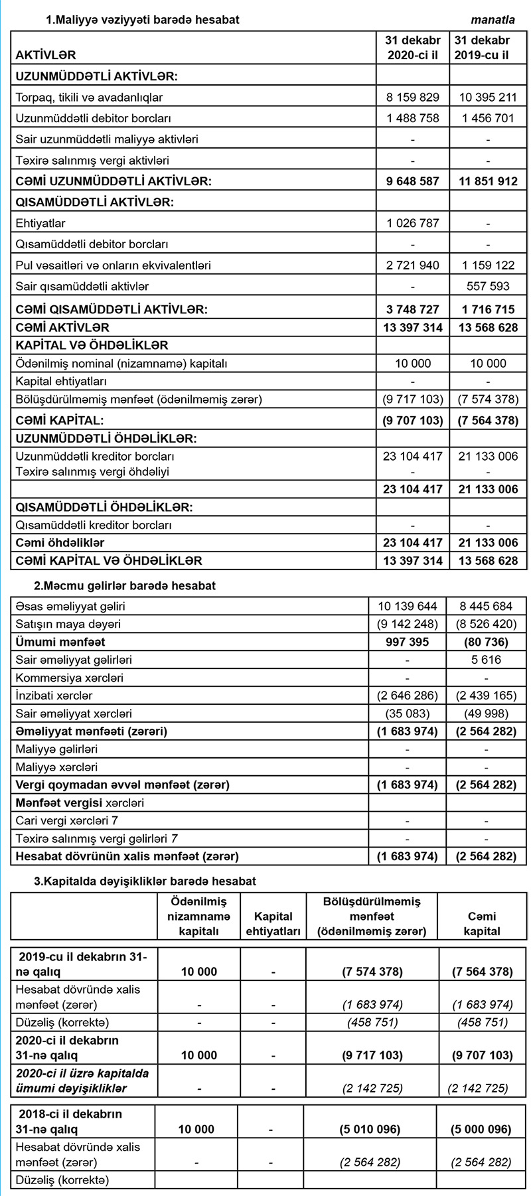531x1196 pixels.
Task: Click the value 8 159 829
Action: click(413, 98)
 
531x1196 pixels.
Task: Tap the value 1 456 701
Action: click(488, 119)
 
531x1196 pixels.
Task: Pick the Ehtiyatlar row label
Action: click(40, 223)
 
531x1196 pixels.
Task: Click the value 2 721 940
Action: click(413, 265)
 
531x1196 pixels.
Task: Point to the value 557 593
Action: click(488, 287)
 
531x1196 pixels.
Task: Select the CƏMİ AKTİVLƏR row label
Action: click(62, 328)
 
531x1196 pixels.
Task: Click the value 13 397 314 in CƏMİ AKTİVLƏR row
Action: click(413, 328)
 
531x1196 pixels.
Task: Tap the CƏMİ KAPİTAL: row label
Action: click(60, 420)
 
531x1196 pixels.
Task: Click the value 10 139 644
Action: click(408, 607)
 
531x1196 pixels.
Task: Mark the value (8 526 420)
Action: click(487, 625)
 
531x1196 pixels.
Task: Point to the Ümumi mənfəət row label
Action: click(60, 642)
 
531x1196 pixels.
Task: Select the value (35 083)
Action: click(408, 714)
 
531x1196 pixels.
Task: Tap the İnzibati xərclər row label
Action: click(54, 696)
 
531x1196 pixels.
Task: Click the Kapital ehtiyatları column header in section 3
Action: click(273, 924)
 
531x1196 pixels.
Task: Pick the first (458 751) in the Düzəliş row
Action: click(372, 1022)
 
